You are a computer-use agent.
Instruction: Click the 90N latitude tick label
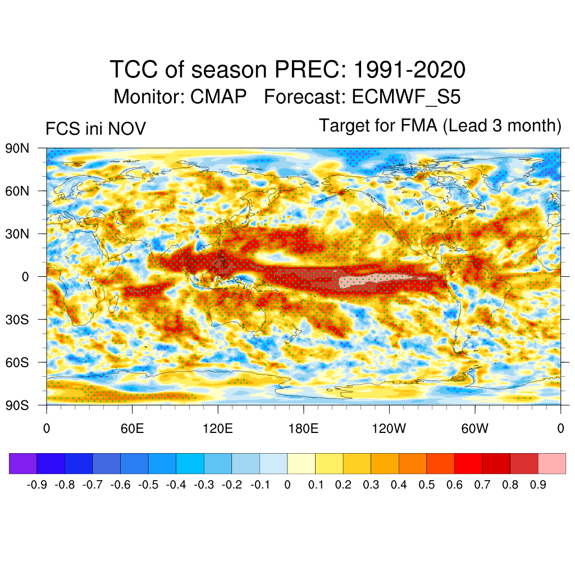pyautogui.click(x=17, y=149)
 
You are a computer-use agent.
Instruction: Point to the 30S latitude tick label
pyautogui.click(x=17, y=320)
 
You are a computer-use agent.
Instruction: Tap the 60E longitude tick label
pyautogui.click(x=132, y=429)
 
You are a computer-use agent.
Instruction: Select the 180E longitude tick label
pyautogui.click(x=303, y=429)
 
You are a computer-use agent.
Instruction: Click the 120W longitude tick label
pyautogui.click(x=389, y=429)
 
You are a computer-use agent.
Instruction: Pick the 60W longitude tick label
pyautogui.click(x=474, y=429)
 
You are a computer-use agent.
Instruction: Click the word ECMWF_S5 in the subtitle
pyautogui.click(x=406, y=97)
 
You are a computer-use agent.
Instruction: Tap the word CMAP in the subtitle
pyautogui.click(x=218, y=97)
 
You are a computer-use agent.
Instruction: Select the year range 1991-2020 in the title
pyautogui.click(x=409, y=70)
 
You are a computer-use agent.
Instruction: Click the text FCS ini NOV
pyautogui.click(x=95, y=129)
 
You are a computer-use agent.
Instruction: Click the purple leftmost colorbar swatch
pyautogui.click(x=23, y=464)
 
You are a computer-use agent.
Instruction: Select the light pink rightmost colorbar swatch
pyautogui.click(x=551, y=464)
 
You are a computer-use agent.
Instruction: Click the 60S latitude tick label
pyautogui.click(x=17, y=362)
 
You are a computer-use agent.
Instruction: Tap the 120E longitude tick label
pyautogui.click(x=218, y=429)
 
